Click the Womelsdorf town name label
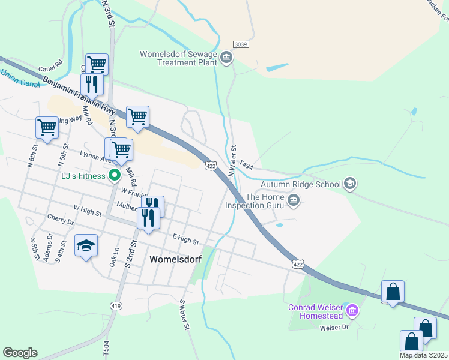pos(175,259)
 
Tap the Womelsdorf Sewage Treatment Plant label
pos(178,58)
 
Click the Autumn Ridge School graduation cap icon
pos(350,184)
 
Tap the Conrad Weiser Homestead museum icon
pos(352,311)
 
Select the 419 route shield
pos(116,306)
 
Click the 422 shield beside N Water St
pos(210,166)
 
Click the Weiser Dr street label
pos(334,328)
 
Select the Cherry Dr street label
pos(62,221)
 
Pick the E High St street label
pos(185,241)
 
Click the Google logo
pos(20,353)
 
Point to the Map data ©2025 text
pos(423,355)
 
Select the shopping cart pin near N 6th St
pos(47,127)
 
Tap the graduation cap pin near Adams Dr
pos(86,245)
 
